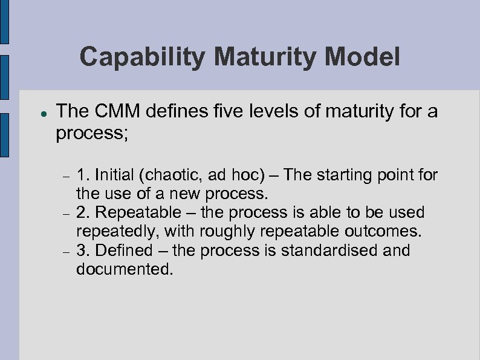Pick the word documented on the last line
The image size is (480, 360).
pos(124,269)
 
